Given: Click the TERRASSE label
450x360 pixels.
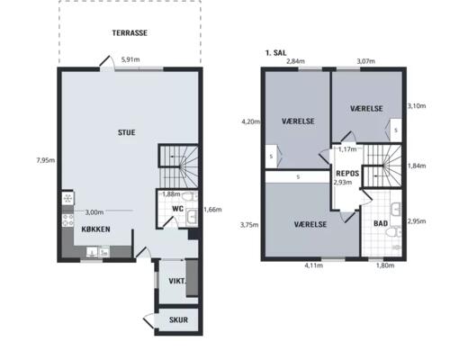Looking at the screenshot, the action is (x=130, y=33).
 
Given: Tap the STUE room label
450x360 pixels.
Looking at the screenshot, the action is (x=127, y=132).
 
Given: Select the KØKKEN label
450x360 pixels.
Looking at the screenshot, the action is (x=95, y=229).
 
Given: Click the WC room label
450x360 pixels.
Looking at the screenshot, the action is (x=177, y=209).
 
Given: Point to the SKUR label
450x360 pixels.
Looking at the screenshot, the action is (x=178, y=319).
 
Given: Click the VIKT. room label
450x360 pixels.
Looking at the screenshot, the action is (x=177, y=282).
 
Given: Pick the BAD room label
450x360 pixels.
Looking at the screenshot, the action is (x=381, y=223).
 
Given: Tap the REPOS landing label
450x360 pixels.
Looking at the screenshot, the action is (x=347, y=174).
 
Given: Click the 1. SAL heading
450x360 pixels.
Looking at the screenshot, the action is (x=275, y=53).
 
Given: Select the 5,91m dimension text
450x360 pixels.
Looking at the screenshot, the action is (x=130, y=59).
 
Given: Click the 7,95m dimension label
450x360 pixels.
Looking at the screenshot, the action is (x=46, y=160).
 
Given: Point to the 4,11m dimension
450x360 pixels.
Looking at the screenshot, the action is (x=314, y=265).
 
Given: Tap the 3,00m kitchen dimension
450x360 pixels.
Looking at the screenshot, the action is (x=94, y=212).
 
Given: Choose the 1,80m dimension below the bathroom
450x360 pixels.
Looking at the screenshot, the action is (x=385, y=265).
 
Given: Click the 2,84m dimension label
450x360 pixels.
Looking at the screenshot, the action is (x=296, y=61).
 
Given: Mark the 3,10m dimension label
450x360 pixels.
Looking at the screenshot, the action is (x=417, y=106).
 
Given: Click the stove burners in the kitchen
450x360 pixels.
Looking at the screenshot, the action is (x=67, y=220).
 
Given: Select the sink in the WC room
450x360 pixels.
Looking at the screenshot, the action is (x=191, y=217).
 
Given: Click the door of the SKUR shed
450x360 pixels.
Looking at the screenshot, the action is (x=149, y=321).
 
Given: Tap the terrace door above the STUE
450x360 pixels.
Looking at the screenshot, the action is (x=107, y=64).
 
